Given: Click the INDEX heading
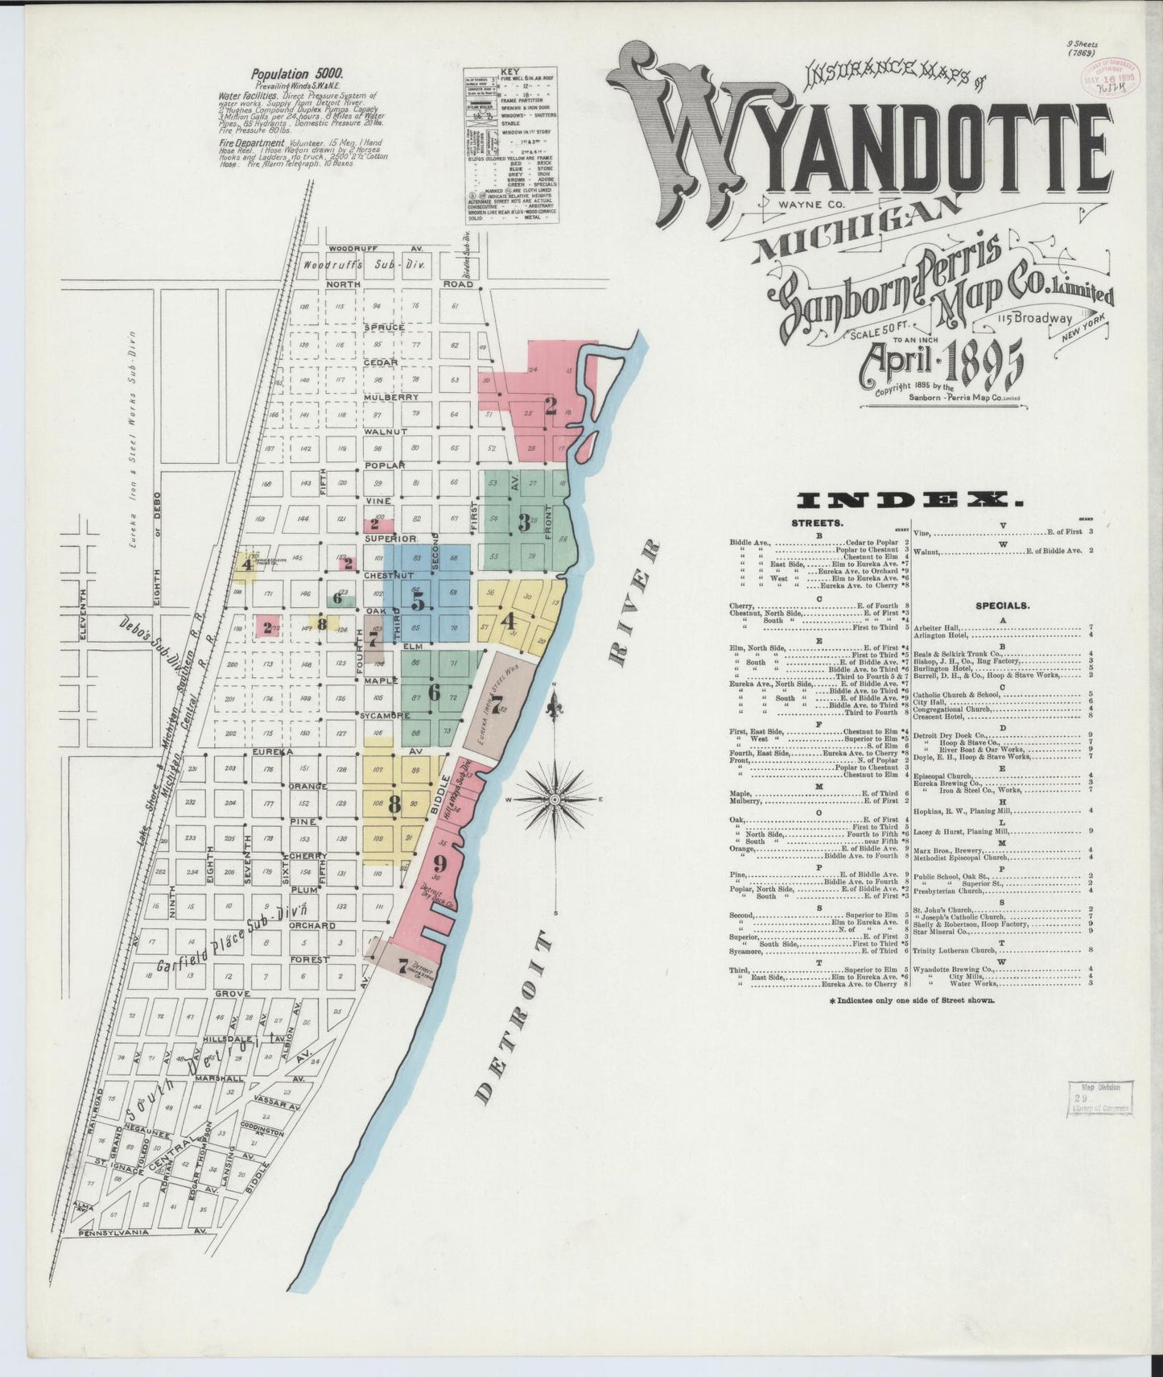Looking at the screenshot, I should tap(909, 501).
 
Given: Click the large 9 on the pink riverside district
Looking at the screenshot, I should tap(439, 864).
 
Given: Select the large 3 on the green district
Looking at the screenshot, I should tap(524, 523).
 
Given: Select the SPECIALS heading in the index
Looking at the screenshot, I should tap(1002, 605).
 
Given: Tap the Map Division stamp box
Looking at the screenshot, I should tap(1100, 1097).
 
